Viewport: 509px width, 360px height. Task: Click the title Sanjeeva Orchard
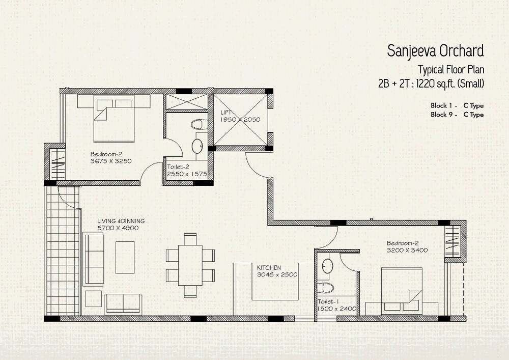(x=435, y=51)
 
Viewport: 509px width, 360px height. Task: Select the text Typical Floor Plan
(x=450, y=69)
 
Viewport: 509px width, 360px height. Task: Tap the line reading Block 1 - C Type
(x=457, y=105)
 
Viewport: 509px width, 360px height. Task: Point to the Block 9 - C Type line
(x=457, y=115)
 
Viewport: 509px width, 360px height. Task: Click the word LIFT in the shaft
(x=227, y=112)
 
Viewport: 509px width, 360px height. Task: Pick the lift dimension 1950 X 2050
(x=240, y=119)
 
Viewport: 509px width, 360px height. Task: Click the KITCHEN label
(x=269, y=267)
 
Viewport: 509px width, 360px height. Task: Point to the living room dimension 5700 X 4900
(x=118, y=228)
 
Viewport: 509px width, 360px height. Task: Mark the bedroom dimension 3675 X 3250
(x=111, y=161)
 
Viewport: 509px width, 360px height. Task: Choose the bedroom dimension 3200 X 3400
(x=406, y=250)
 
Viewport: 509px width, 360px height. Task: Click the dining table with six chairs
(x=190, y=265)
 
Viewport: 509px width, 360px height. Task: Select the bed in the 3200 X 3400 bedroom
(x=402, y=290)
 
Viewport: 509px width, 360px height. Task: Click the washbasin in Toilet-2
(x=197, y=146)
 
